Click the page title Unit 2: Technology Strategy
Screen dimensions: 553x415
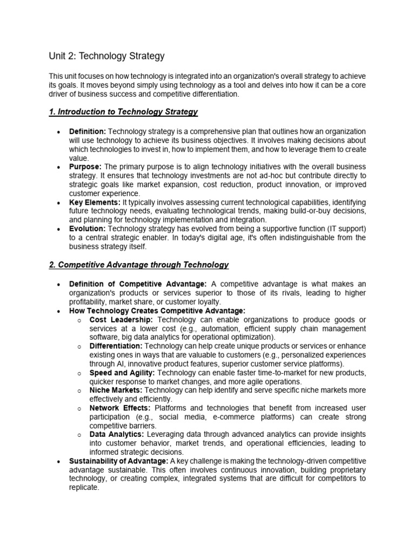(x=106, y=56)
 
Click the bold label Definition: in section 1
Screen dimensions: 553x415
(x=88, y=132)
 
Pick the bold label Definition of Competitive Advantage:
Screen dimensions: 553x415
(x=138, y=284)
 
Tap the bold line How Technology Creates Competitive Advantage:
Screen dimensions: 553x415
(x=157, y=311)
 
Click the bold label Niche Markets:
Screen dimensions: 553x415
(x=116, y=390)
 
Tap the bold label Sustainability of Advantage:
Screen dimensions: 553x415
(x=119, y=461)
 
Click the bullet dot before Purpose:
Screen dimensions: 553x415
(x=58, y=167)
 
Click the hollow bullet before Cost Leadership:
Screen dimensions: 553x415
(x=79, y=320)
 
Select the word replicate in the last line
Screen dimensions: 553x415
(x=84, y=487)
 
